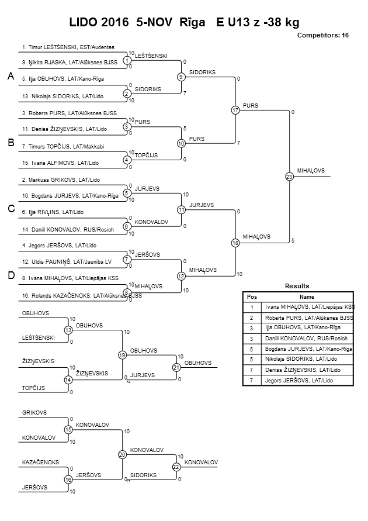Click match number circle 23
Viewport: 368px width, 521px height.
tap(289, 177)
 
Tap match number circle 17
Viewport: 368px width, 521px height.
tap(235, 110)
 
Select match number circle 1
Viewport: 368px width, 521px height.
tap(127, 60)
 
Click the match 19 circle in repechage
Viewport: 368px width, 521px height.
tap(122, 355)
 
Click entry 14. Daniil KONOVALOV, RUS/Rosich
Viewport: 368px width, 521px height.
tap(67, 229)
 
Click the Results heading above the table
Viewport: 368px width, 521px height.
tap(298, 286)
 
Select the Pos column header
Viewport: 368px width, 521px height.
tap(252, 296)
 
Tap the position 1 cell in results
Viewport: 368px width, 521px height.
tap(252, 307)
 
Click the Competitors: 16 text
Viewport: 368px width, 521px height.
tap(322, 36)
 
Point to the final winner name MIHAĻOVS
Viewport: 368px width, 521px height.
tap(310, 171)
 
